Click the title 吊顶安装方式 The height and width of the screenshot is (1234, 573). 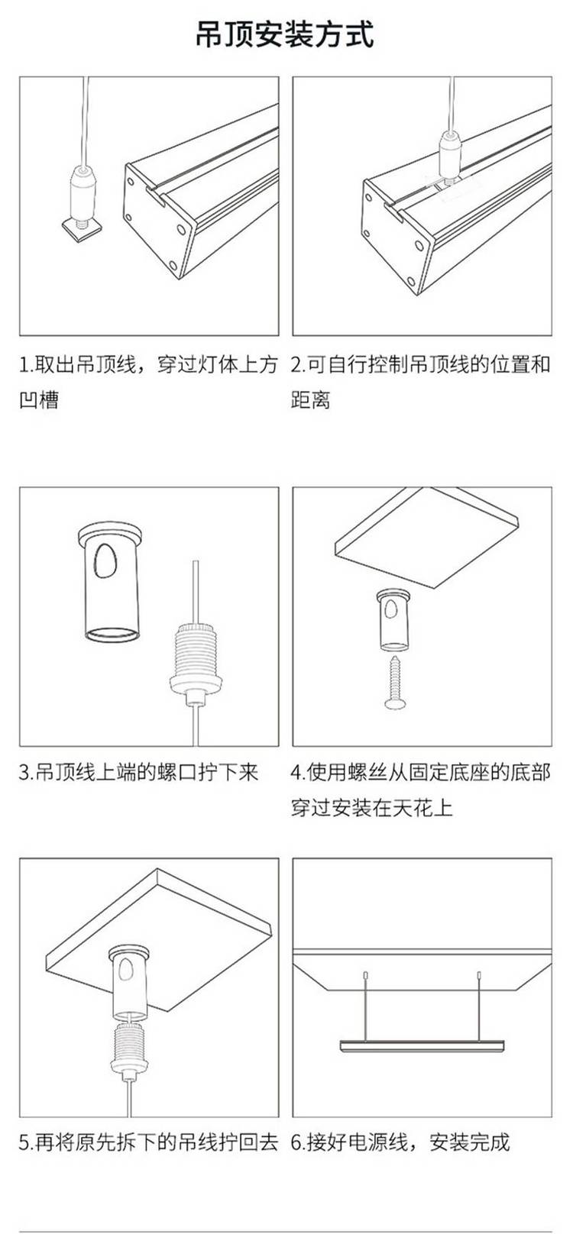point(286,34)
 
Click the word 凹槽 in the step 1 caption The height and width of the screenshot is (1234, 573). point(39,399)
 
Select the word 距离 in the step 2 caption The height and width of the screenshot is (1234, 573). point(311,399)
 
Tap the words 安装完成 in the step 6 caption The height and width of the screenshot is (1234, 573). point(470,1142)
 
